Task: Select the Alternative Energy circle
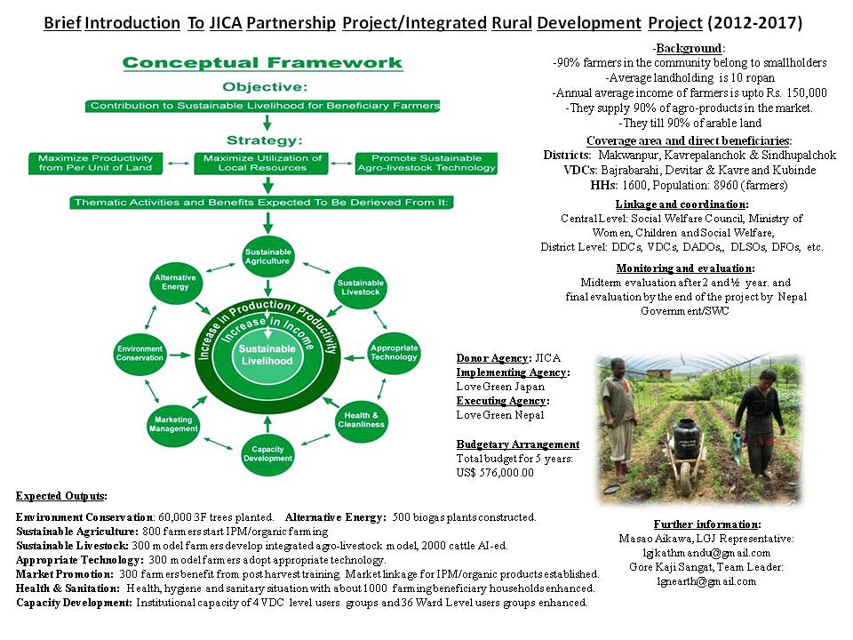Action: [x=175, y=283]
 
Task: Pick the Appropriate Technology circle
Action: [x=394, y=352]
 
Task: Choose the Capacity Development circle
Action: [x=267, y=453]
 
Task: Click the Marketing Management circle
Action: [x=173, y=424]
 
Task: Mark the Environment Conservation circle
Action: [x=140, y=354]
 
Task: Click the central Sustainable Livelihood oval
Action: [x=267, y=355]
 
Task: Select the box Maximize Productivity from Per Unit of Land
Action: [x=95, y=163]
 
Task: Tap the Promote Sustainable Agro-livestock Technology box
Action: [x=426, y=163]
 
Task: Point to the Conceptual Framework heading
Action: [x=262, y=63]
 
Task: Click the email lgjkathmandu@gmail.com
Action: [x=706, y=552]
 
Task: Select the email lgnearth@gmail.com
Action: [x=706, y=581]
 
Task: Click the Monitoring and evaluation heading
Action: [x=685, y=268]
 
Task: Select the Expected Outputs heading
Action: [x=61, y=495]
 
